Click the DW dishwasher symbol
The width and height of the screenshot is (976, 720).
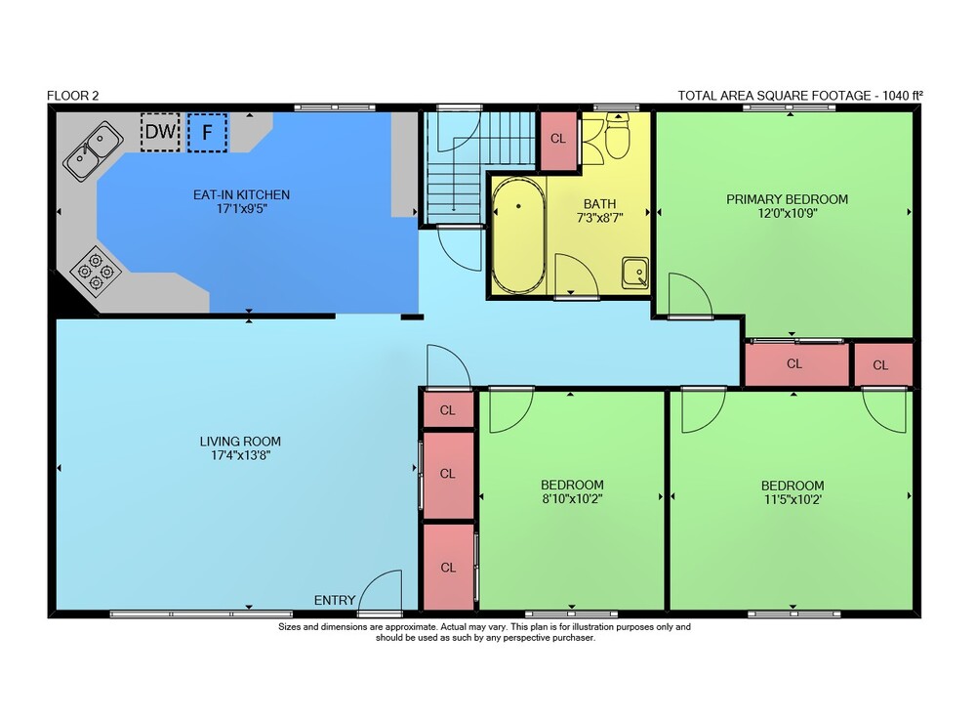pos(160,132)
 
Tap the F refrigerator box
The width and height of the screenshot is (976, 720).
pos(207,132)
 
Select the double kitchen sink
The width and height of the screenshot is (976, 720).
pos(94,151)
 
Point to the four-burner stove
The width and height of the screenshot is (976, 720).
pos(96,272)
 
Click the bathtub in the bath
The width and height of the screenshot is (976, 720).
pos(518,235)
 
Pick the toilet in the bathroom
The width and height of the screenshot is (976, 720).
pos(618,136)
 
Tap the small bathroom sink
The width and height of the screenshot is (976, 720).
pos(635,274)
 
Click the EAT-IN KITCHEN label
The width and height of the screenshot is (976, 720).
pos(241,195)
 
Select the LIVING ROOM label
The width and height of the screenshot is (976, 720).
pos(240,442)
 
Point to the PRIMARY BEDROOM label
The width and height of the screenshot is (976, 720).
pos(787,199)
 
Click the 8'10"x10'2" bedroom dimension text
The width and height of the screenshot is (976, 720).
pos(572,498)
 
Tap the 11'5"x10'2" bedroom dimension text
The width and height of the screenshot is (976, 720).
pos(793,499)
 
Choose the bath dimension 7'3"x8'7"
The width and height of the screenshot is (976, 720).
pos(600,218)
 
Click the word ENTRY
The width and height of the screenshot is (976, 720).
pos(334,601)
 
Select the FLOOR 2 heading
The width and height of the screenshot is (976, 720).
pos(73,96)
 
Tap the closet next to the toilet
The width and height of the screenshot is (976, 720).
pos(558,140)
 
